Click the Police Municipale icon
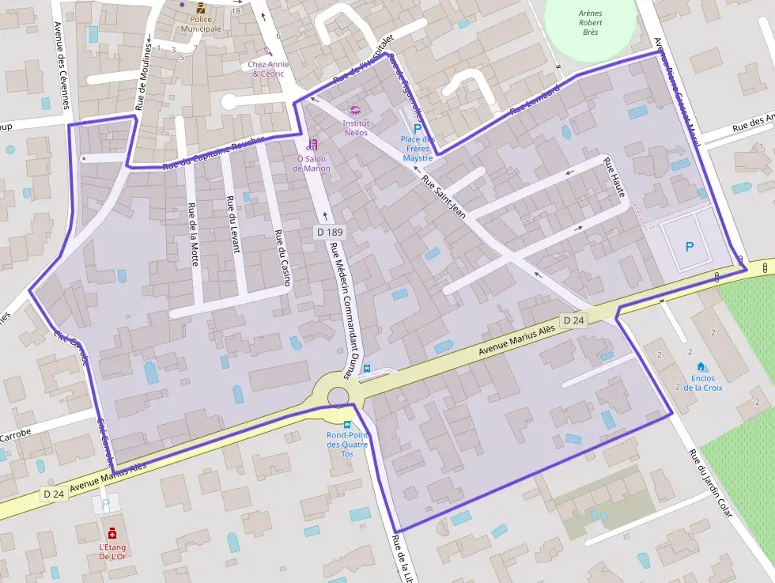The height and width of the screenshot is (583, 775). (x=200, y=9)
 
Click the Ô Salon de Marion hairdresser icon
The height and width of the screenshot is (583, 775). (x=312, y=144)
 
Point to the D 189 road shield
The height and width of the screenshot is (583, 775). (x=328, y=232)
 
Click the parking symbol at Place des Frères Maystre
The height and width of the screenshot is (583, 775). (x=418, y=127)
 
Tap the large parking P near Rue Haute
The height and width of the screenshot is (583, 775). (x=689, y=247)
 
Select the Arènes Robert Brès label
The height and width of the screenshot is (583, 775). (x=589, y=22)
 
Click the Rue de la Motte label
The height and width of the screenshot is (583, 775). (x=192, y=234)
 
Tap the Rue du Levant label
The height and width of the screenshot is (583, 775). (x=232, y=224)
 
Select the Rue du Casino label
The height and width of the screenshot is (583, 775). (x=281, y=257)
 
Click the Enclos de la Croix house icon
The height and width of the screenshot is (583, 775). (x=701, y=367)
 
